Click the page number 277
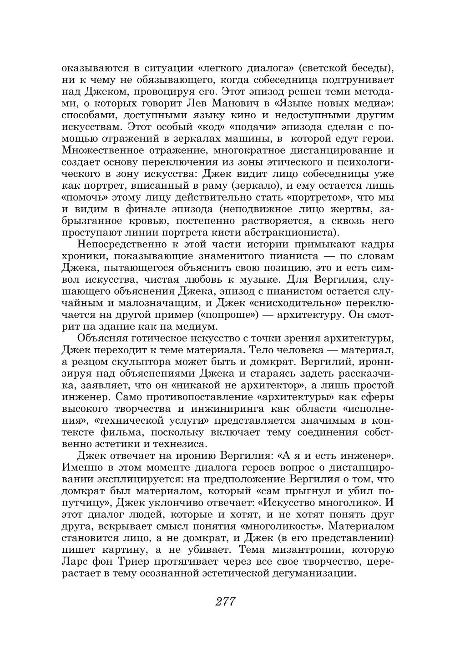point(225,601)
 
